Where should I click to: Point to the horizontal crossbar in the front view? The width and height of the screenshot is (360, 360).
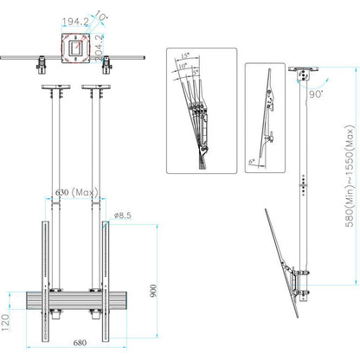74,302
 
